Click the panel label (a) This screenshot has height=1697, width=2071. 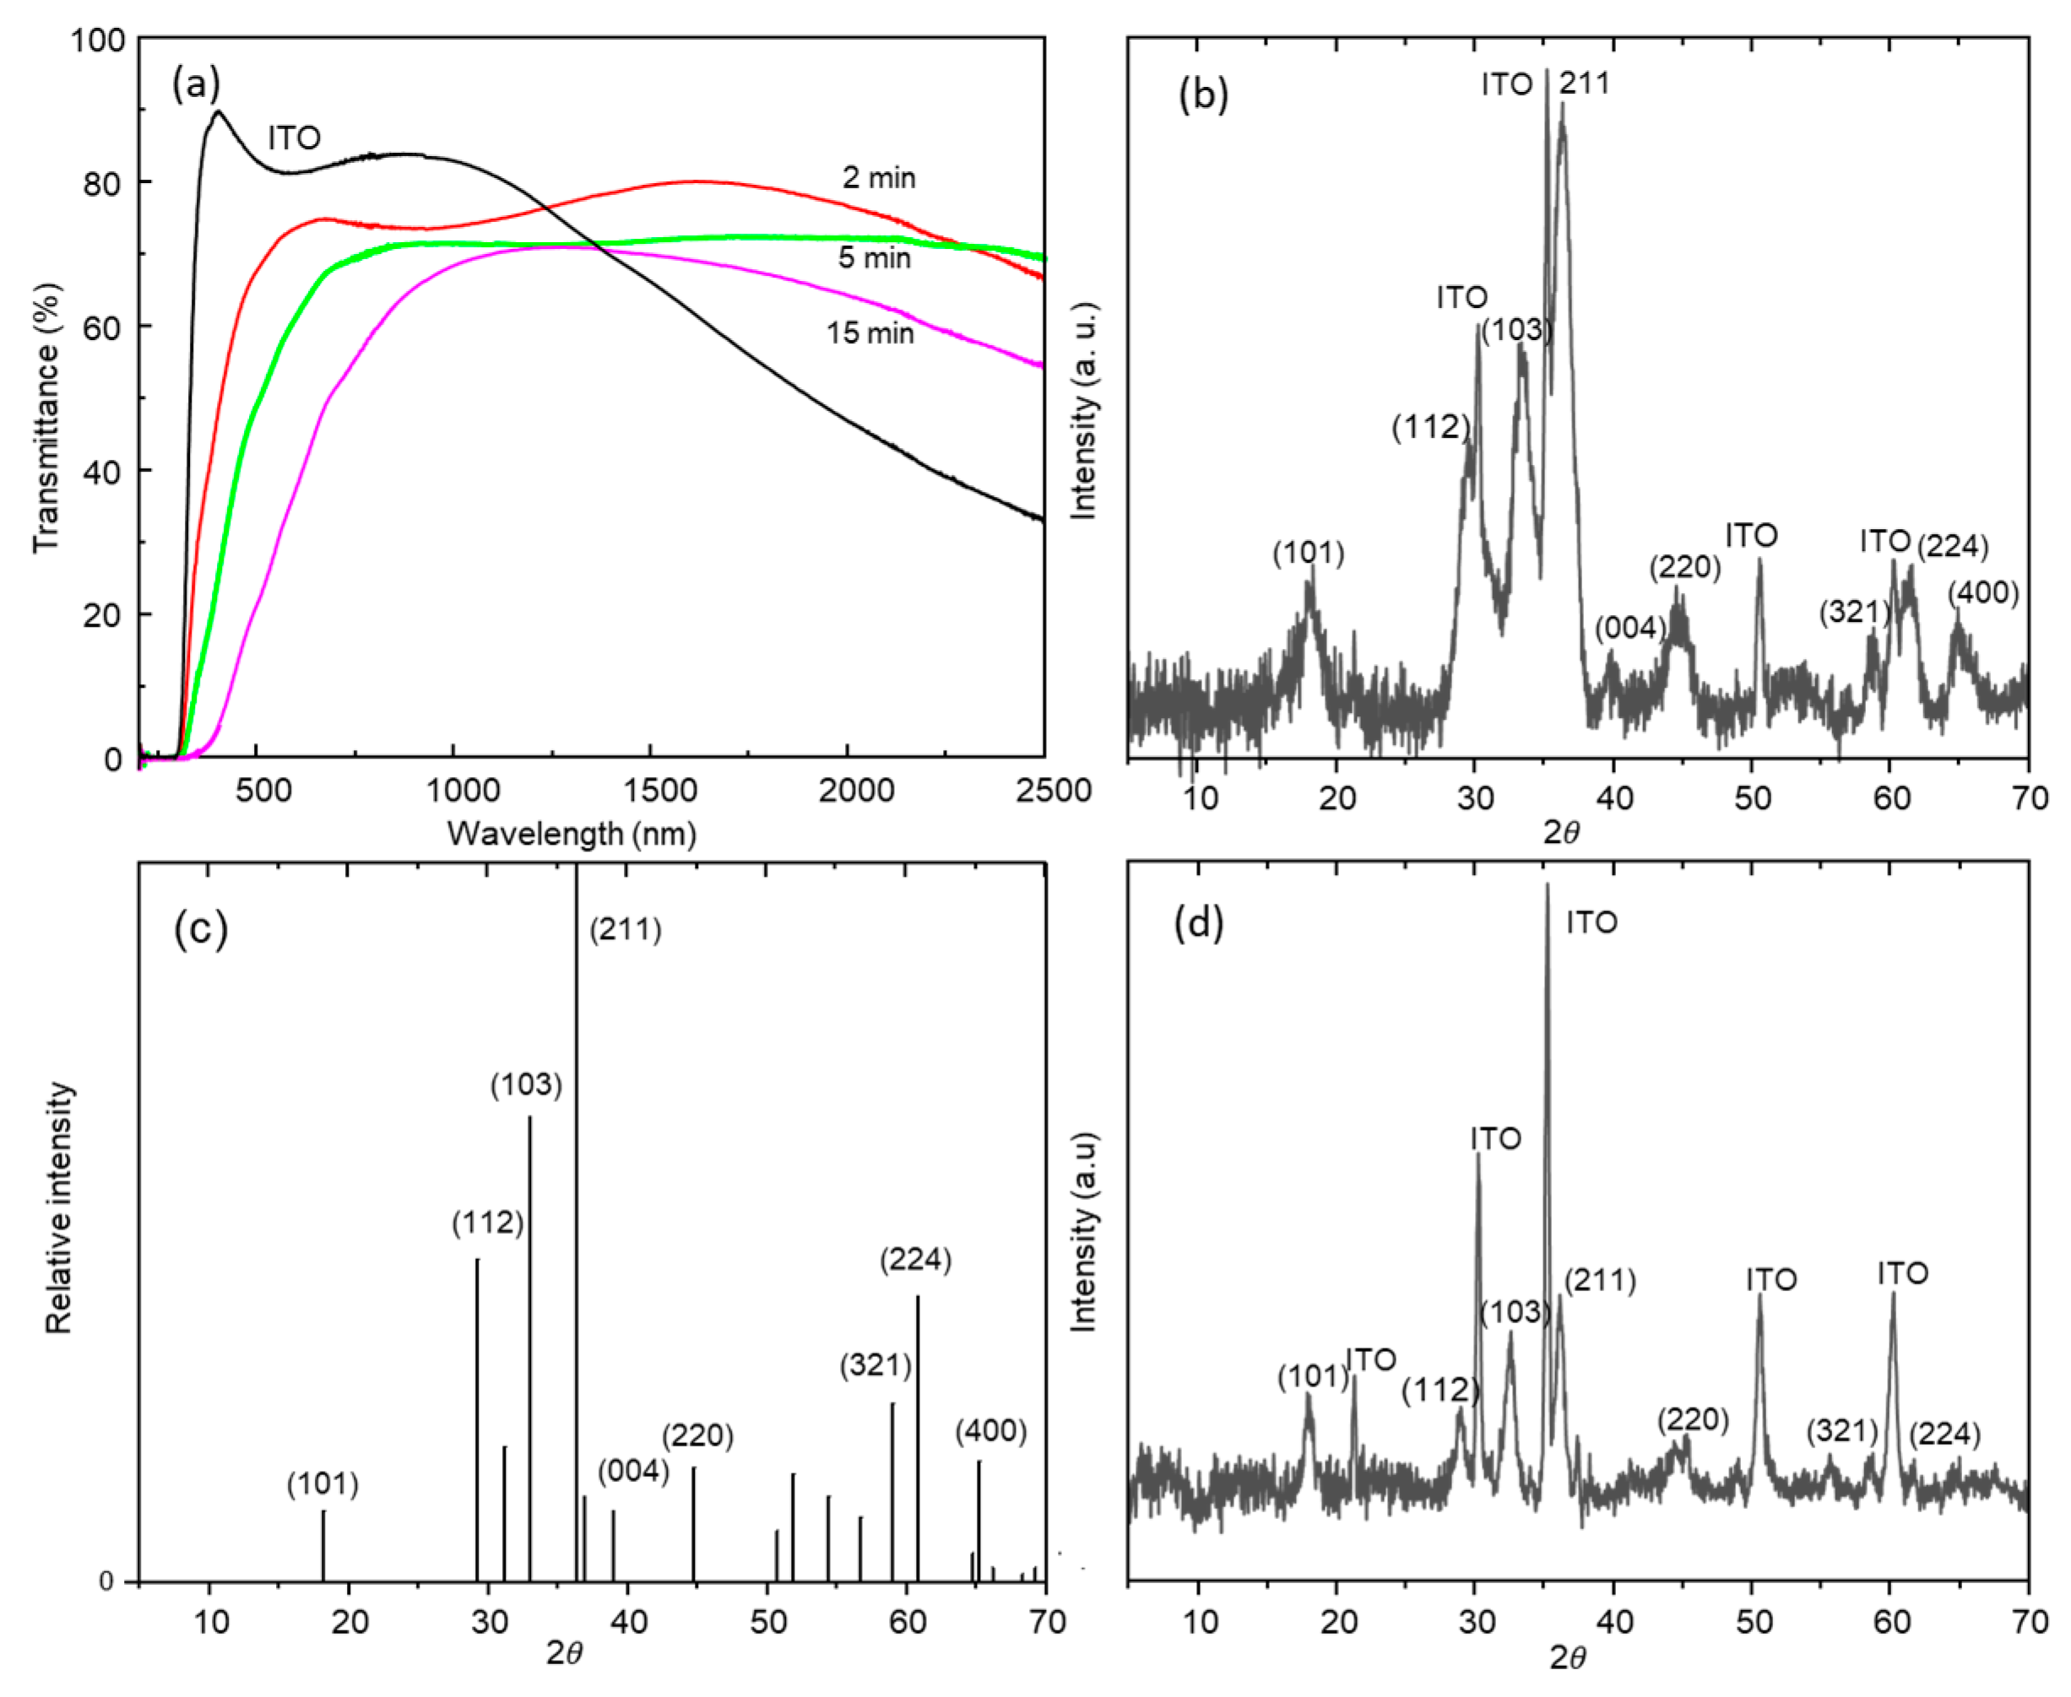196,85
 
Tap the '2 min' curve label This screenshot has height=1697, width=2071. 878,178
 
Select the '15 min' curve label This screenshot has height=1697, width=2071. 870,333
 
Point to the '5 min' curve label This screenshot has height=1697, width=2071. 873,258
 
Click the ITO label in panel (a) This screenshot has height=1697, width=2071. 293,138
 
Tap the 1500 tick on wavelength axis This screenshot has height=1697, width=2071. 660,790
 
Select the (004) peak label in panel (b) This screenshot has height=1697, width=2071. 1629,628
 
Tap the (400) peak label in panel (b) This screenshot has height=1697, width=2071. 1982,592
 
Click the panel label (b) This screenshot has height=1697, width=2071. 1203,95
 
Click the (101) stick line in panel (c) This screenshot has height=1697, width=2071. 323,1547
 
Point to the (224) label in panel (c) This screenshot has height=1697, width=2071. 914,1260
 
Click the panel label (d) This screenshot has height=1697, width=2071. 1198,921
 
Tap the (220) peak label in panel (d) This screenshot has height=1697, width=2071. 1693,1419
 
